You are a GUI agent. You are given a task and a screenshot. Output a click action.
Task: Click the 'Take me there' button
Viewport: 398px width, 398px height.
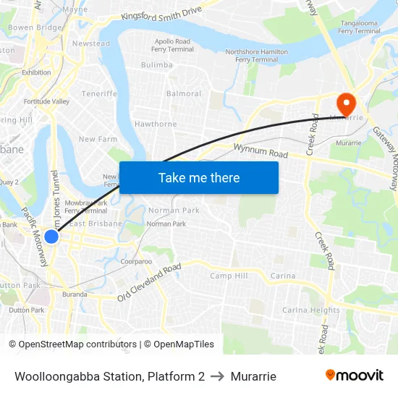[199, 177]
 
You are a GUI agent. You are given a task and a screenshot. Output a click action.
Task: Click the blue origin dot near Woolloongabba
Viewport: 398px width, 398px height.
[51, 237]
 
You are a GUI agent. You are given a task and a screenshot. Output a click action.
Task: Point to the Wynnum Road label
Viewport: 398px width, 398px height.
[261, 151]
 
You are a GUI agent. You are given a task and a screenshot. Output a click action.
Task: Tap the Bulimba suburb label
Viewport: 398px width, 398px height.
[157, 65]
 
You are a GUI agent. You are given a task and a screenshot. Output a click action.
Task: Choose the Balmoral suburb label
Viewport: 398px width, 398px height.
[184, 94]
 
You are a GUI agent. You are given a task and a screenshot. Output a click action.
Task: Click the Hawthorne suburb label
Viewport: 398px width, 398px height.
[156, 124]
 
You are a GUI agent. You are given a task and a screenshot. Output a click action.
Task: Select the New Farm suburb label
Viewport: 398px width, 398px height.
[98, 140]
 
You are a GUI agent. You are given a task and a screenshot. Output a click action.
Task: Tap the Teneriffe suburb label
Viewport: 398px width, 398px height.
[99, 94]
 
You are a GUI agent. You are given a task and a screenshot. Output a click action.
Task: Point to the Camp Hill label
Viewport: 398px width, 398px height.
[229, 276]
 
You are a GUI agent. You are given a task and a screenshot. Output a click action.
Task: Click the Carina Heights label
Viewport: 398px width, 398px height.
[310, 310]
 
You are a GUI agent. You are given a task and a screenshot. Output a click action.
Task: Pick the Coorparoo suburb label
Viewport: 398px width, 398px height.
[136, 261]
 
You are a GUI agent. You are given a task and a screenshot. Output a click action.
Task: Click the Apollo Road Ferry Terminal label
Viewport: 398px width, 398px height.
[172, 46]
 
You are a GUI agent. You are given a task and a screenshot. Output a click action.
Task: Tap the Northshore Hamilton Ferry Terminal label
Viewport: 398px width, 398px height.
[252, 56]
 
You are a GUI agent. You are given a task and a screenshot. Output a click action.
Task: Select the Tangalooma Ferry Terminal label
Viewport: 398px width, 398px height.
[360, 27]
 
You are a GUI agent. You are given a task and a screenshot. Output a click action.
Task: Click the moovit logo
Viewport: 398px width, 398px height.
[354, 376]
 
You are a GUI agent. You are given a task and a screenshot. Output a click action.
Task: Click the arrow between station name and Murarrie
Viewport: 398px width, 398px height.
[218, 376]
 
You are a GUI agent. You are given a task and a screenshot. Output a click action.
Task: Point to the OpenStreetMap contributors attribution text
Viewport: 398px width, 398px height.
[72, 344]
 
